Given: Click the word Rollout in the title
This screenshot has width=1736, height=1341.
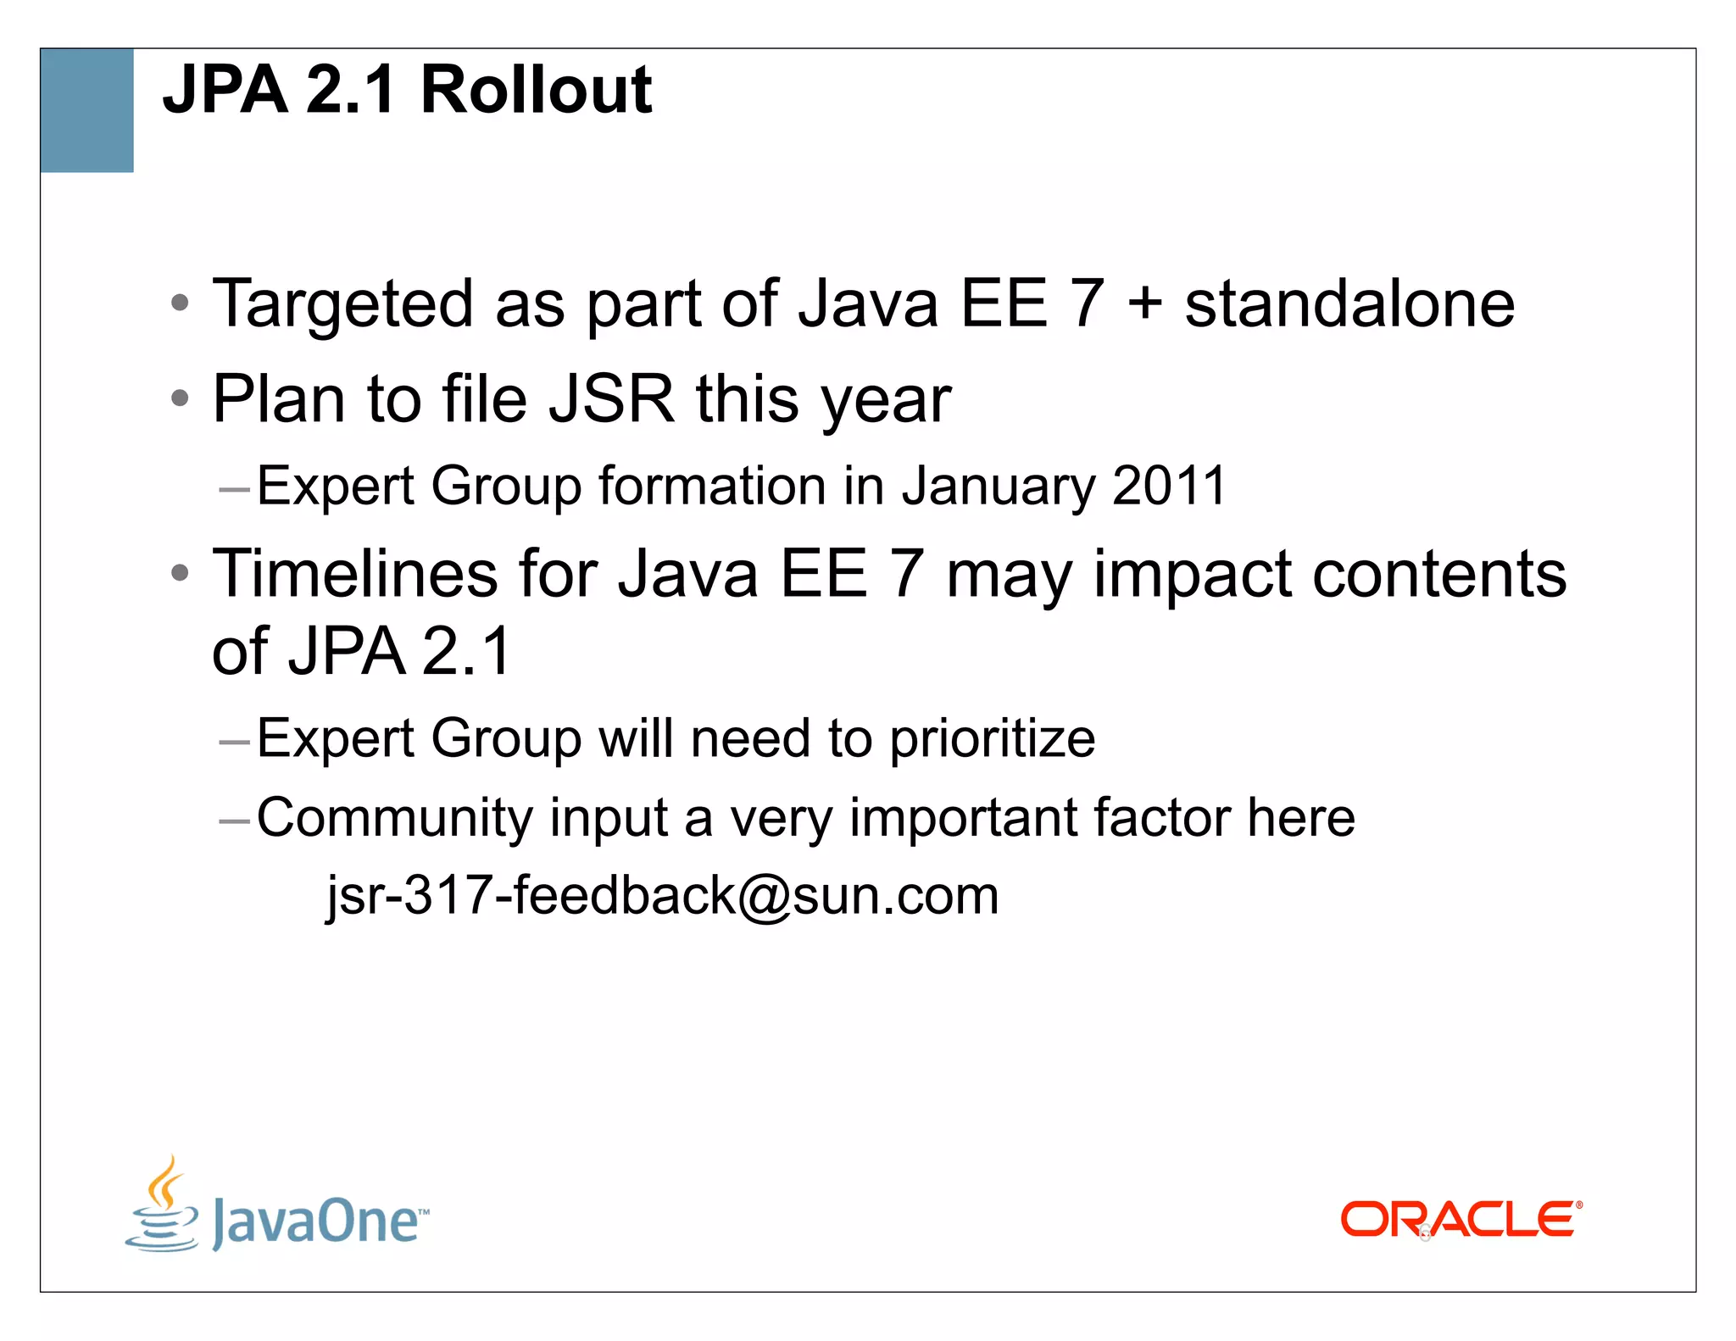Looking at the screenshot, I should [536, 90].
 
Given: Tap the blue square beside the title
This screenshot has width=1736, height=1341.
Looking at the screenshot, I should [86, 110].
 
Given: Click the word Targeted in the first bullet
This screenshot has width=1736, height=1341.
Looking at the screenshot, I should [342, 305].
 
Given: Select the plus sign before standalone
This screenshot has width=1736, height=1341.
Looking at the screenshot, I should [1144, 303].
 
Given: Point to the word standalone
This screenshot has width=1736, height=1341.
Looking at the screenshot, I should [1349, 303].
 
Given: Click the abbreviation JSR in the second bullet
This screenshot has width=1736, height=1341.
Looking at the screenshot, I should [611, 398].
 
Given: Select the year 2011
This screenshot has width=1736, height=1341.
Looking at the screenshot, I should [1169, 486].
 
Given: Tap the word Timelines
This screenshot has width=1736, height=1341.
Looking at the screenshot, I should [355, 574].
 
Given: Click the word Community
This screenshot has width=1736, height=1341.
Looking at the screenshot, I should [395, 820].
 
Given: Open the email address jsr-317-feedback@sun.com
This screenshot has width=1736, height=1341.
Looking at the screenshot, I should [663, 896].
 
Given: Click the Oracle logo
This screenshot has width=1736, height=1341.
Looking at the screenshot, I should [1461, 1220].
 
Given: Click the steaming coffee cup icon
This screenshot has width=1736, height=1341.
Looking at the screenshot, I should [162, 1205].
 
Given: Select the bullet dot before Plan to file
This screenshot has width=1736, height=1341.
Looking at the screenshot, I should [179, 398].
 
